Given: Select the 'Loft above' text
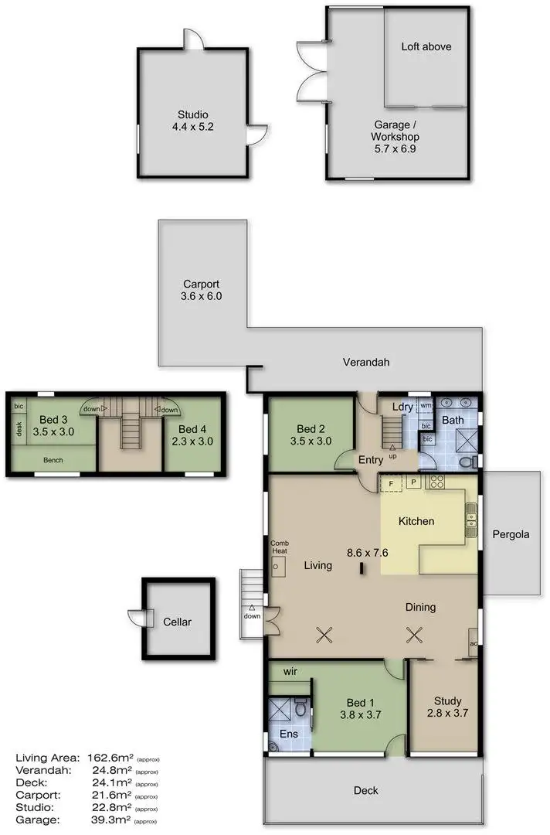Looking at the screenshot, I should (426, 46).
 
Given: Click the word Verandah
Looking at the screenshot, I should (367, 362).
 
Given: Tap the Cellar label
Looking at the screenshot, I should (176, 622).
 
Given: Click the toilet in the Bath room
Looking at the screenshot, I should (466, 462).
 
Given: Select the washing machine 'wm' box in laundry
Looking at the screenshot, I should (426, 406).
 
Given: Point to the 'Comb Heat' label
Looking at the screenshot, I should (278, 547).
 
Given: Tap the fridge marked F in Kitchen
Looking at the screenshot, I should (391, 482).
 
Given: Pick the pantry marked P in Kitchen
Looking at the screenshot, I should (413, 482).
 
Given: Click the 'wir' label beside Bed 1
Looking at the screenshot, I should (290, 671).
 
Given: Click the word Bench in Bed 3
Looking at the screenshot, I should (53, 461).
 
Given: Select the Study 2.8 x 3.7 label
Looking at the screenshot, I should (447, 708).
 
